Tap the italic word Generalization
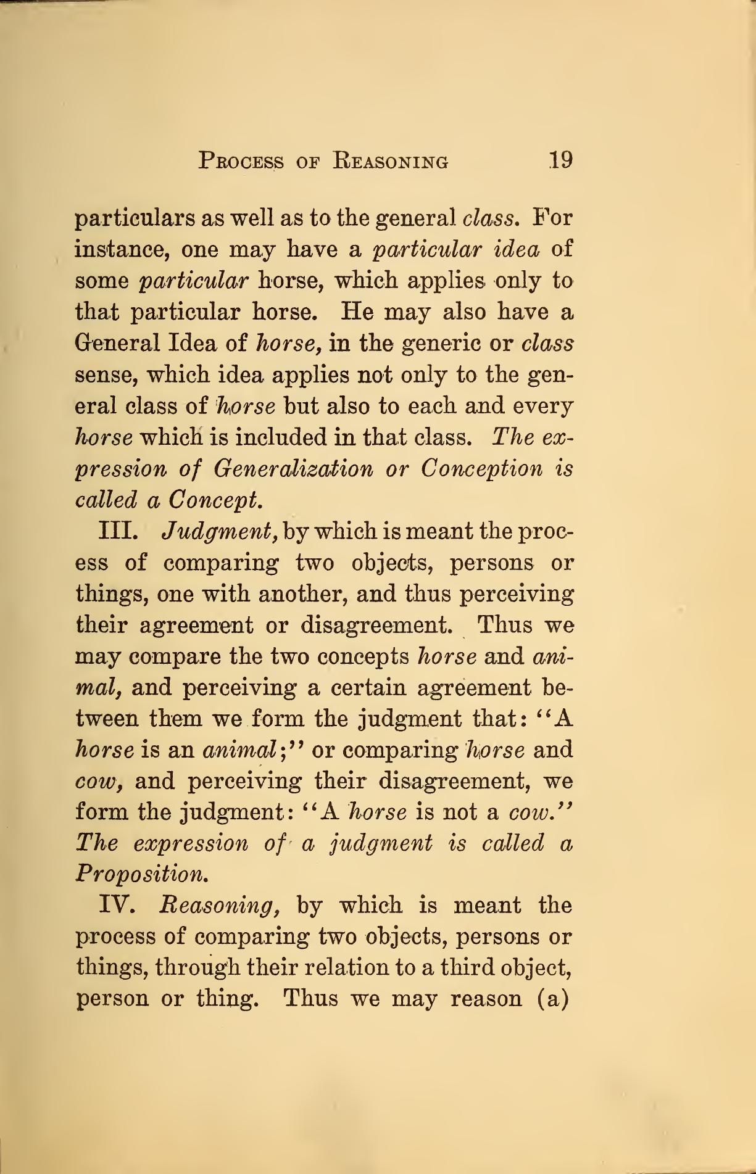click(293, 469)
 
